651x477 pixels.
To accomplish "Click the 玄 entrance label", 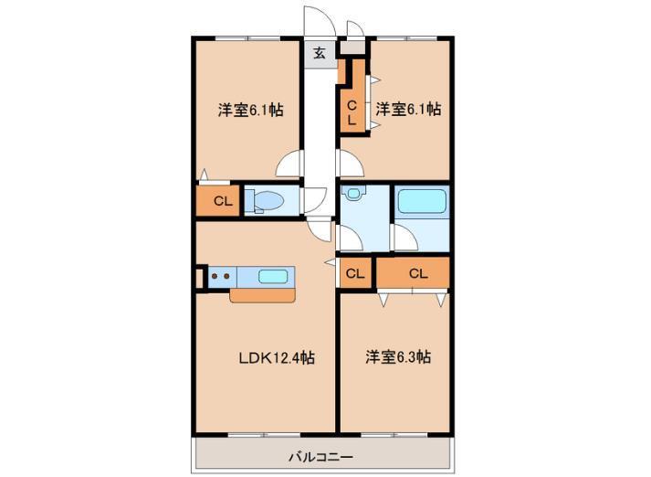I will [320, 53].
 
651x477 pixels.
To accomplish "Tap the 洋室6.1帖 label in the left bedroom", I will [249, 110].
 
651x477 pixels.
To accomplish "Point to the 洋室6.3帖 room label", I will [398, 357].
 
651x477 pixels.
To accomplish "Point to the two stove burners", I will [219, 276].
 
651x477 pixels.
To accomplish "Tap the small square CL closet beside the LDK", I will [354, 272].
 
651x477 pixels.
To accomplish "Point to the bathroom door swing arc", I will [404, 238].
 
